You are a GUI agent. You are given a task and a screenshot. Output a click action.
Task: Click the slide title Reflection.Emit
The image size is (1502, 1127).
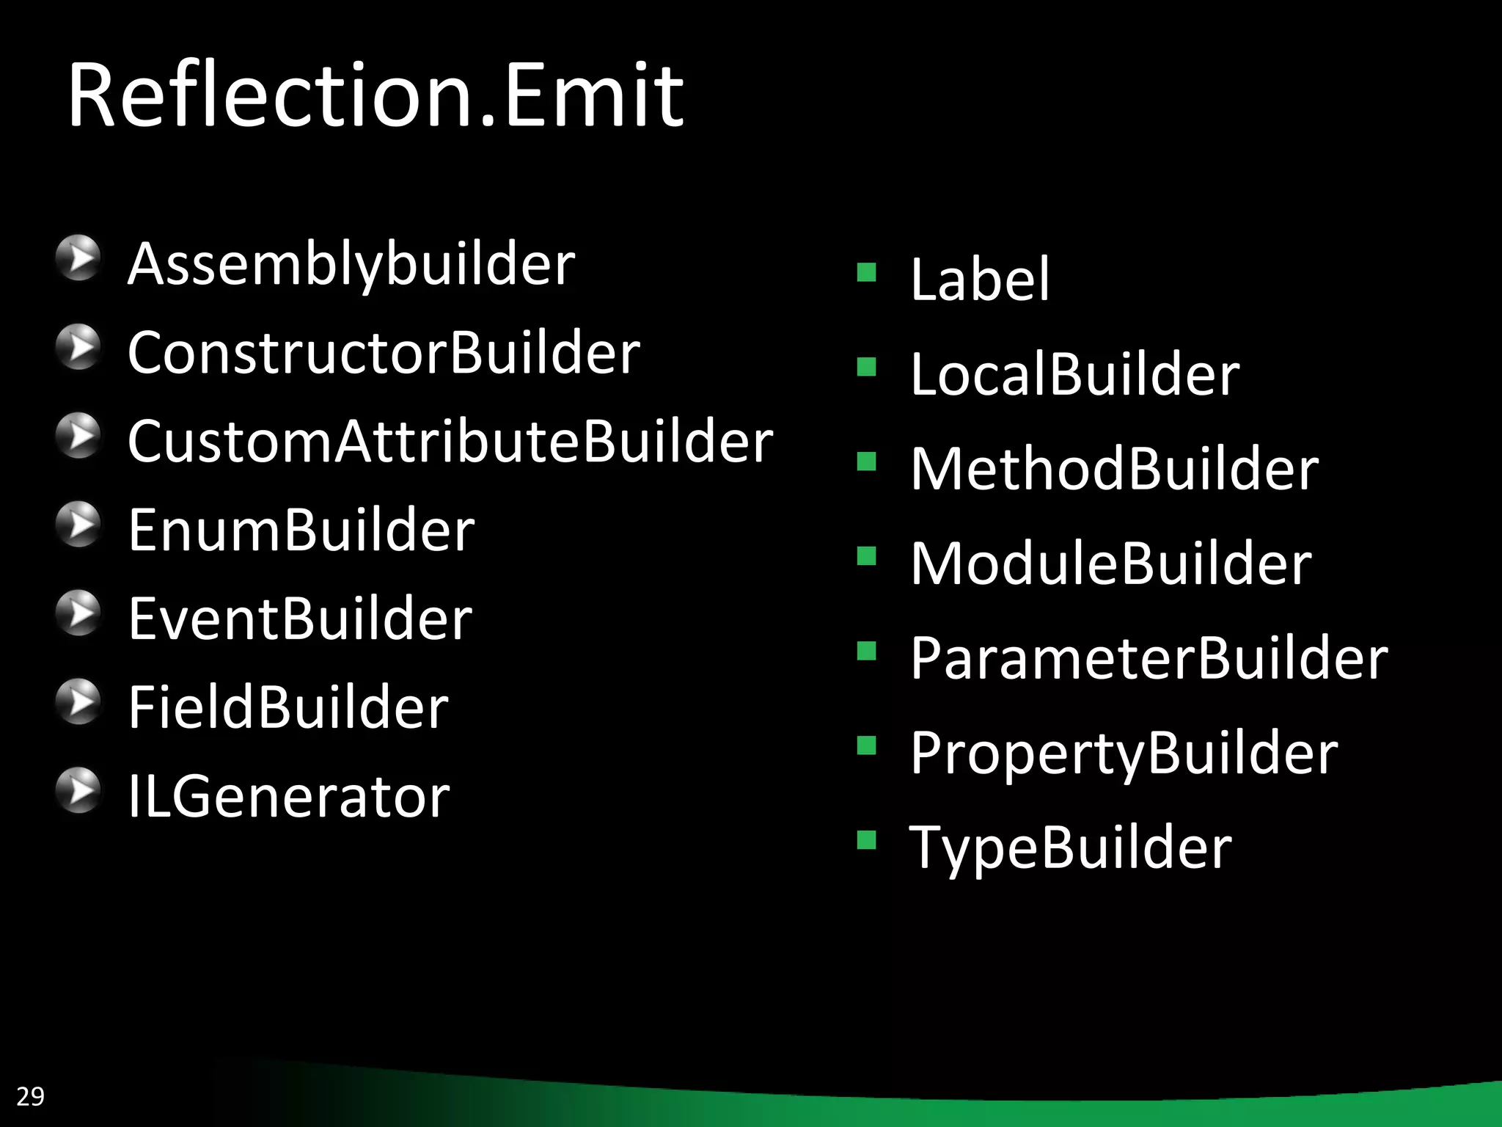point(375,95)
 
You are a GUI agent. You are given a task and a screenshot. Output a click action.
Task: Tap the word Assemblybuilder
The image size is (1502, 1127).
point(351,265)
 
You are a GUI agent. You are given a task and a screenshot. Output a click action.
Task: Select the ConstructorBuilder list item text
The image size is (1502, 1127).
point(384,353)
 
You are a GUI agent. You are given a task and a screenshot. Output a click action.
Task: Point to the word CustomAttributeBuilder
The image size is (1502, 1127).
point(450,442)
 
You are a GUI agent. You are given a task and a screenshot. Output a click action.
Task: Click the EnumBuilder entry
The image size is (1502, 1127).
point(301,530)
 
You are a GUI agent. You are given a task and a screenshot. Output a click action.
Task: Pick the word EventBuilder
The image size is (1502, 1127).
point(300,619)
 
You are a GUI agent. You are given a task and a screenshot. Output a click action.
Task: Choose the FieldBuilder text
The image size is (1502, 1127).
point(288,707)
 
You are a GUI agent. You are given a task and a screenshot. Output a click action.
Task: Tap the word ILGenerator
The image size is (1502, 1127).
point(289,797)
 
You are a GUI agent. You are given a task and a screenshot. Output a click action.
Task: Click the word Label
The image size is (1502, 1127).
point(980,280)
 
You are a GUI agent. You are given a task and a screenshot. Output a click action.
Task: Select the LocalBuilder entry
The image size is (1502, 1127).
point(1074,374)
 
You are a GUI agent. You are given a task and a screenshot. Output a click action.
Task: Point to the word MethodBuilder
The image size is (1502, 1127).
point(1114,469)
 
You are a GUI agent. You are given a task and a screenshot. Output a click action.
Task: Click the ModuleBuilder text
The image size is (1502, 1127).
point(1110,563)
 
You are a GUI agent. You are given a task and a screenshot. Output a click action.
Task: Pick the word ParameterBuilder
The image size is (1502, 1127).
point(1149,658)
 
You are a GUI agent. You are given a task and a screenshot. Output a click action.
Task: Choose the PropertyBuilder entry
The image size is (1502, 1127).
point(1124,753)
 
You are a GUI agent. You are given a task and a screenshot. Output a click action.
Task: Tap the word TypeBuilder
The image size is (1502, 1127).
point(1070,847)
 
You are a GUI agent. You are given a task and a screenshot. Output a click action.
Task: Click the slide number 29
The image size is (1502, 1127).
point(30,1096)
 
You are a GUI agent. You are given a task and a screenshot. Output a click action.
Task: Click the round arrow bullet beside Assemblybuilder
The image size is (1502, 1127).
point(78,258)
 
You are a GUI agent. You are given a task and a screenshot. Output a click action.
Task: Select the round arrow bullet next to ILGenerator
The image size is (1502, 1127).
point(78,790)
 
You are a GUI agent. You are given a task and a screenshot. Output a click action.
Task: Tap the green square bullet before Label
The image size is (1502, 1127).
point(867,272)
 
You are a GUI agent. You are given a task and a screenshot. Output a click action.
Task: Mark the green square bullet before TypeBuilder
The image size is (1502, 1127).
point(867,839)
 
